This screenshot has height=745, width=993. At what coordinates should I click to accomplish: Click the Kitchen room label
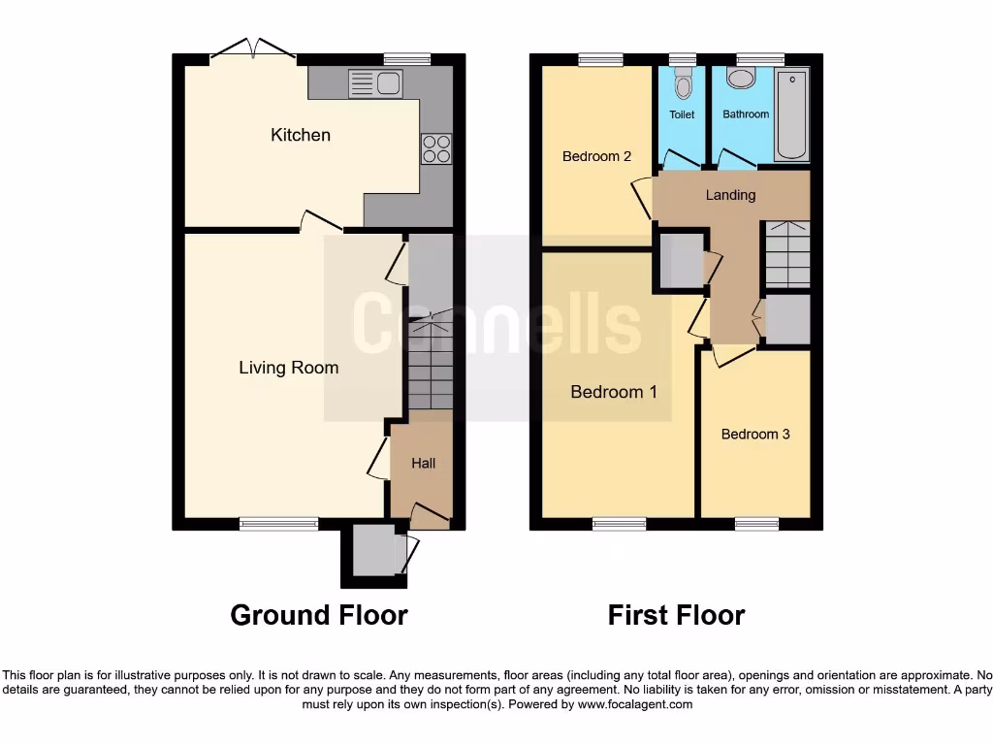[300, 135]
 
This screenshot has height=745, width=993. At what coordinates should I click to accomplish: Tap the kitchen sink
[374, 84]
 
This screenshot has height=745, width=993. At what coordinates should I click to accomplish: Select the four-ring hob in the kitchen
[436, 148]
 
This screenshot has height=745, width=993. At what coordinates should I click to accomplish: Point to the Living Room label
[289, 368]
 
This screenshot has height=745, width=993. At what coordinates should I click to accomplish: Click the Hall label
[423, 464]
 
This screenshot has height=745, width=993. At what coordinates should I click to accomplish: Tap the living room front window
[279, 524]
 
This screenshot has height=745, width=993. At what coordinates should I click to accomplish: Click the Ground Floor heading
[318, 615]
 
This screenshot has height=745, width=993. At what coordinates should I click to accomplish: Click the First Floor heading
[676, 615]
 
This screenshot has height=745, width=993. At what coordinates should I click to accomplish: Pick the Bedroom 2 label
[597, 156]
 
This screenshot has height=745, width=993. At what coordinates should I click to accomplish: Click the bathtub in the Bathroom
[791, 114]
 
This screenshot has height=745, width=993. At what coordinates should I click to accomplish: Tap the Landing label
[730, 195]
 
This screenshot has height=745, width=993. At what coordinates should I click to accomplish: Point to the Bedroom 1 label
[614, 392]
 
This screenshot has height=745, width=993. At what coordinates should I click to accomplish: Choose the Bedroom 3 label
[755, 434]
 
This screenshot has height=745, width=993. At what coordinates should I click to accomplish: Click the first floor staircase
[787, 254]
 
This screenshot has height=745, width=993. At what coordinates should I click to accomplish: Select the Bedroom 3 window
[756, 524]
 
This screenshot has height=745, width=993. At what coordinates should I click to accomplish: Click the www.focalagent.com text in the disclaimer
[634, 704]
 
